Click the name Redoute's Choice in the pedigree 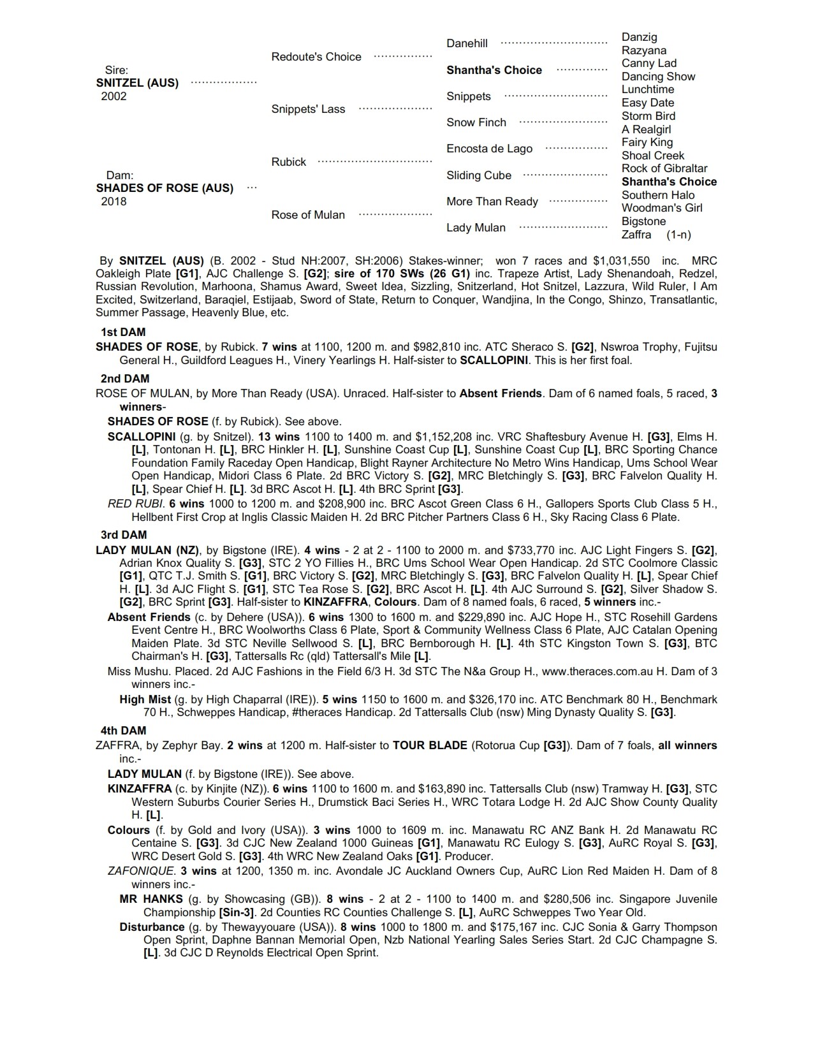point(316,57)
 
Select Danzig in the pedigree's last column point(639,37)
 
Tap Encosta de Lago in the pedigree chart point(489,149)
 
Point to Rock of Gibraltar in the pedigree point(664,168)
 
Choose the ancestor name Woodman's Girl point(662,208)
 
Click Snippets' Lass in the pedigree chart point(308,109)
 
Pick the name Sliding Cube point(479,175)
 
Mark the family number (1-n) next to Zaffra point(678,235)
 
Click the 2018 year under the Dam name point(114,201)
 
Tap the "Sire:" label point(116,70)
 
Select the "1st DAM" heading point(123,332)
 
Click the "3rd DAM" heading point(124,535)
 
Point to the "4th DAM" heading point(123,731)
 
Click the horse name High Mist point(145,699)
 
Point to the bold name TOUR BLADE point(429,745)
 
